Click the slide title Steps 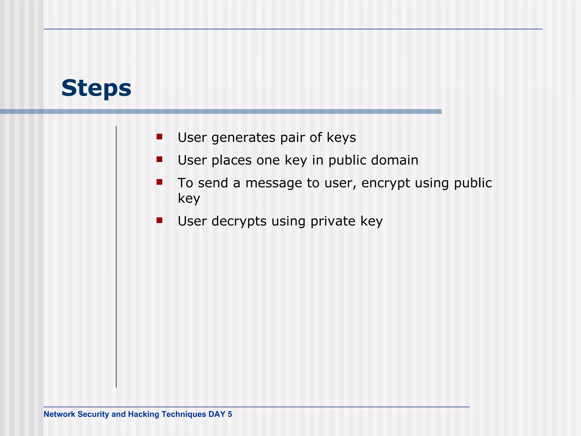96,88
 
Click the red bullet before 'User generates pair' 159,137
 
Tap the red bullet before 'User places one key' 159,160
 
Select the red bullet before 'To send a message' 159,182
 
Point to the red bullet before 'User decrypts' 159,220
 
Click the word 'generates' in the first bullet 243,138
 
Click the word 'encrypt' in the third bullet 386,183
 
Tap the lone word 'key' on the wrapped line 189,198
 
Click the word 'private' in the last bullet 333,222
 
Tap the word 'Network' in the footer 59,414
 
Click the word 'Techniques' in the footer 184,414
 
